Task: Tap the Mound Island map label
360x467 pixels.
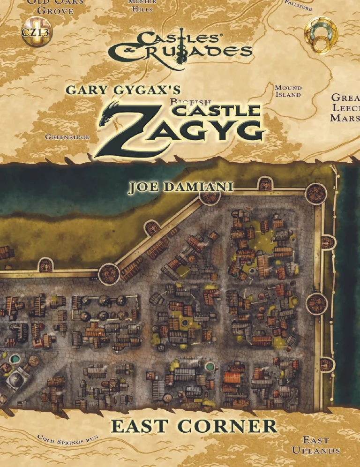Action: (288, 91)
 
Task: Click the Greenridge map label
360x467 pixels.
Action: (67, 137)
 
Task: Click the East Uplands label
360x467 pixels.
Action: (315, 445)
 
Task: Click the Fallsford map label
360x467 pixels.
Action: (299, 5)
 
